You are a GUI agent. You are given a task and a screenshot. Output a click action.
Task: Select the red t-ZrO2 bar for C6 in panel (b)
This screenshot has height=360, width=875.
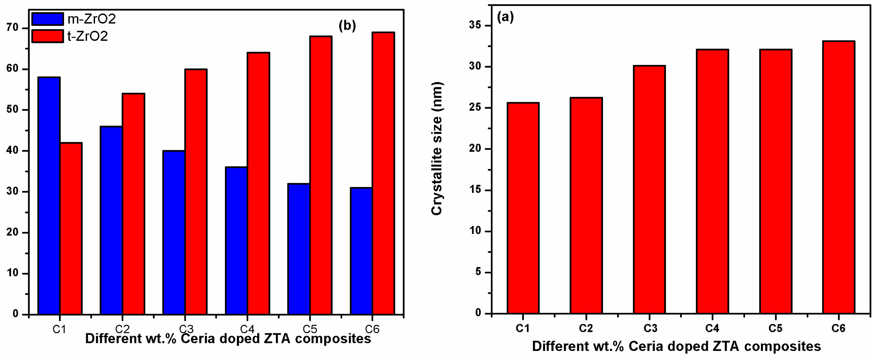(x=383, y=173)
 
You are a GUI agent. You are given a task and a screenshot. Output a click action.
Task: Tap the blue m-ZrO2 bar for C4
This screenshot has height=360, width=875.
(x=237, y=240)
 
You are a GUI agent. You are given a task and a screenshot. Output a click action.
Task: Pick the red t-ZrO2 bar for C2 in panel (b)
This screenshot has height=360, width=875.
(x=134, y=204)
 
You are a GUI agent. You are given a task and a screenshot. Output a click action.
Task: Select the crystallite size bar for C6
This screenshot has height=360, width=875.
(x=838, y=177)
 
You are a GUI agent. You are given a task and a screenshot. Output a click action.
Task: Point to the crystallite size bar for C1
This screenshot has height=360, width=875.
(x=523, y=208)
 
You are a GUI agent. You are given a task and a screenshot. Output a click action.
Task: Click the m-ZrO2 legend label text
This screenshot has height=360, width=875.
(x=91, y=19)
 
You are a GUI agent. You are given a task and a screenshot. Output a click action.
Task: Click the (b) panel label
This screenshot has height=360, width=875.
(x=347, y=26)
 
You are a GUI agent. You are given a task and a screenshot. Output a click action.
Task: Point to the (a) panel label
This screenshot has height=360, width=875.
(x=505, y=17)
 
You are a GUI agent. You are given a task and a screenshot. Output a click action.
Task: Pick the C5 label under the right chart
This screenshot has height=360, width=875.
(x=775, y=329)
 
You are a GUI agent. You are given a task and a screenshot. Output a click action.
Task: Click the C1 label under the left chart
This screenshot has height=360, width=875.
(x=60, y=329)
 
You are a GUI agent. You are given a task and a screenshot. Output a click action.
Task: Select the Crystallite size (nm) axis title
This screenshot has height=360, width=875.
(x=437, y=149)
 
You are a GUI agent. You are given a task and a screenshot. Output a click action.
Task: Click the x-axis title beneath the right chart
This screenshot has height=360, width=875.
(x=676, y=346)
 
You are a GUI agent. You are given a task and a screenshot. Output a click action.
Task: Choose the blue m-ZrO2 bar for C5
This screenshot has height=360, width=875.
(x=299, y=249)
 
